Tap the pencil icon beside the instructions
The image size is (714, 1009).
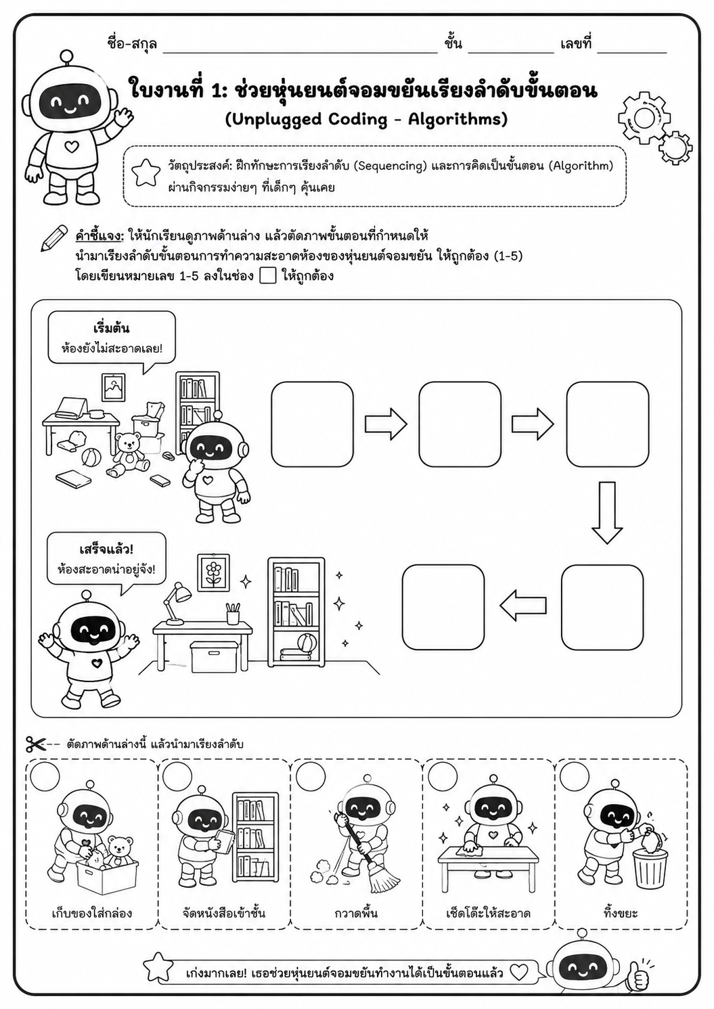54,238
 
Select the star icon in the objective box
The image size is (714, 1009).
146,173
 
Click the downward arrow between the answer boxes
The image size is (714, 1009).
607,513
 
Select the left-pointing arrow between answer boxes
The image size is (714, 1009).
523,606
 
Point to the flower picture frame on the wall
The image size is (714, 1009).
214,573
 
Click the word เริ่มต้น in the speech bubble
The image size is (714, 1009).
111,328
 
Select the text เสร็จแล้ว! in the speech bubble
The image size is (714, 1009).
106,550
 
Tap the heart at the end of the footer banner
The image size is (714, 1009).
519,972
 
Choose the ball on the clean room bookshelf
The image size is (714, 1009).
307,642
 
